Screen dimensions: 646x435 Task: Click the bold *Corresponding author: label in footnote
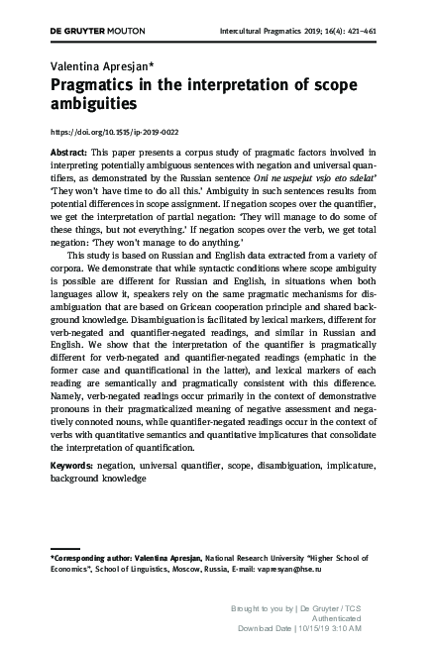click(x=96, y=559)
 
